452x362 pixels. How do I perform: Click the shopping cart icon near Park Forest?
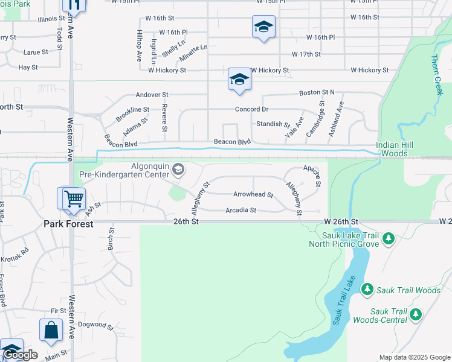coord(73,198)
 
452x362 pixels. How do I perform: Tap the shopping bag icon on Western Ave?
coord(51,329)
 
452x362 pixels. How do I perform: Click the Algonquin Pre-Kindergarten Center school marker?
coord(178,168)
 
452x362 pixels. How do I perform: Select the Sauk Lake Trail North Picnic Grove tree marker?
coord(388,240)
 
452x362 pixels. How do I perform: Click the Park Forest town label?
coord(68,224)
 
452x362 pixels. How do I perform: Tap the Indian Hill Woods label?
coord(400,150)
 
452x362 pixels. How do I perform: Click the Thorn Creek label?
coord(437,74)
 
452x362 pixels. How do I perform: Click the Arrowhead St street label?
coord(253,195)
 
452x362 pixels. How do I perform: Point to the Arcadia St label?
coord(241,211)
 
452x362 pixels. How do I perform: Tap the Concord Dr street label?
coord(251,109)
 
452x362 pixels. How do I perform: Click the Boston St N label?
coord(316,93)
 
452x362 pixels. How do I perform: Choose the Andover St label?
coord(152,95)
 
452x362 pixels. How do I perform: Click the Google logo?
coord(21,355)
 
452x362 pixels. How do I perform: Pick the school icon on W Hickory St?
coord(239,79)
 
